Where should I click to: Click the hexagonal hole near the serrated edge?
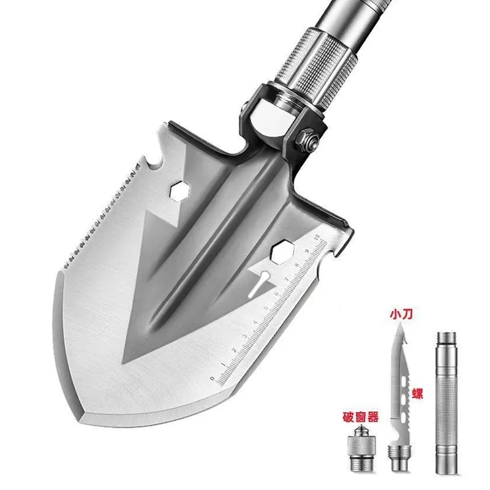[x=179, y=190]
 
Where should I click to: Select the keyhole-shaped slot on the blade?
[x=259, y=284]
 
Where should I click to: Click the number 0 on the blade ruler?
[x=213, y=379]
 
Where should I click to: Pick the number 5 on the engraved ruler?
[x=266, y=309]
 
